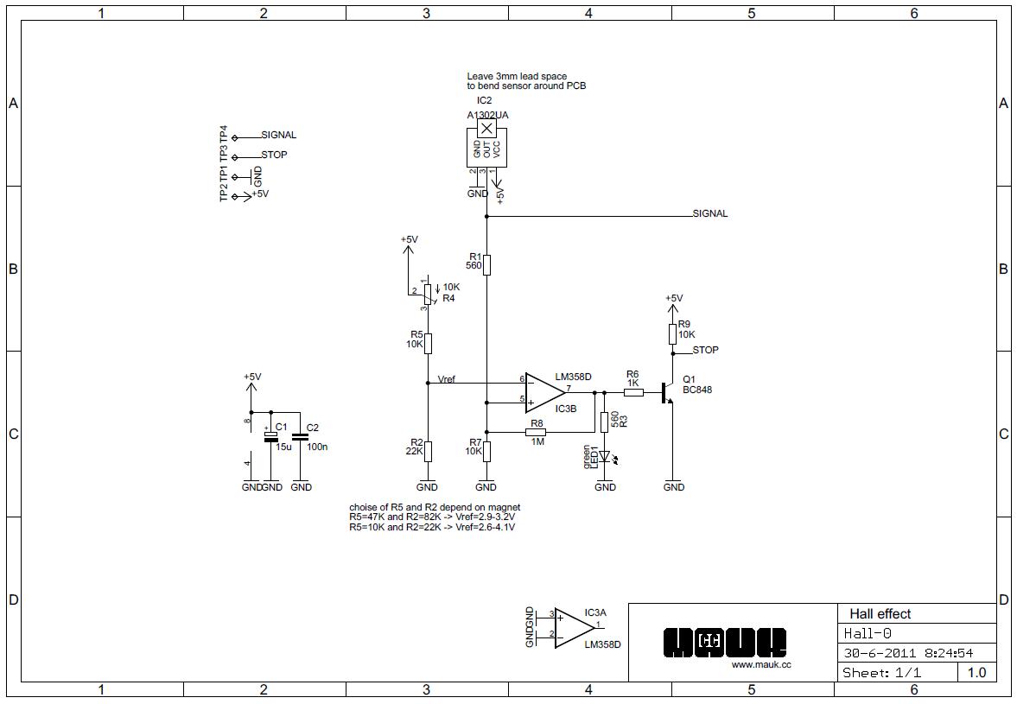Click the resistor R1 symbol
486,264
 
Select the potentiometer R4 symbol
428,294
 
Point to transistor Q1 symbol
667,392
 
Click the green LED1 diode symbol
605,455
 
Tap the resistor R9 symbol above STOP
672,334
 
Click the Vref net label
447,379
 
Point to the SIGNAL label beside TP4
278,136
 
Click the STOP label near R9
705,351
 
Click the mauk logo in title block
725,642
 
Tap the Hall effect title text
880,614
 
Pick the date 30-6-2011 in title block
873,653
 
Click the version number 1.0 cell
976,672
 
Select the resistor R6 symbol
633,392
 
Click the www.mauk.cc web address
760,664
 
